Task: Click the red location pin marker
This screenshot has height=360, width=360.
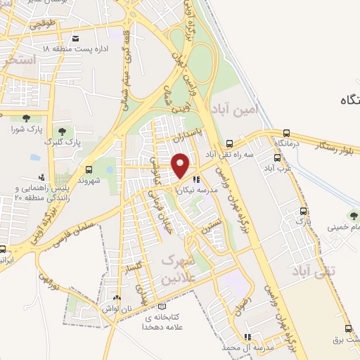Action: (x=181, y=165)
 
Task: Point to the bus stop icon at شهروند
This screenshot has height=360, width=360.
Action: (x=89, y=169)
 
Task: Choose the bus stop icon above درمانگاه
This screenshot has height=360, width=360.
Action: (x=287, y=133)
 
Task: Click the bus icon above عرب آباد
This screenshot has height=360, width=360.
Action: (x=269, y=158)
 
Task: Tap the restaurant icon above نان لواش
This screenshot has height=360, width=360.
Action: (x=117, y=298)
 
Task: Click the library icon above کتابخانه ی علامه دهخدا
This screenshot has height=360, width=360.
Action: (x=163, y=307)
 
